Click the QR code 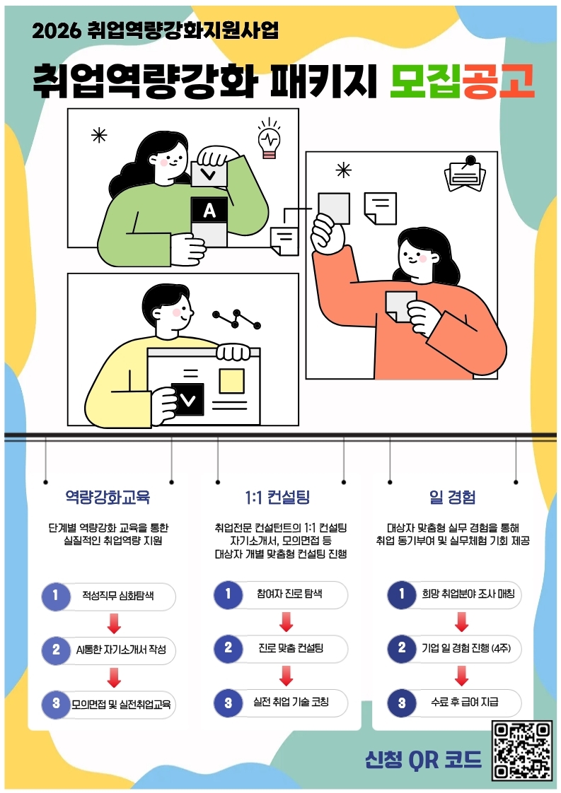tap(521, 750)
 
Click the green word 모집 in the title tap(424, 81)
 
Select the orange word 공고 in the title tap(498, 81)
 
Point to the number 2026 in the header tap(56, 31)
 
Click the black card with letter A tap(209, 210)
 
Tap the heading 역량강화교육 tap(108, 497)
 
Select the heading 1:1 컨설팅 tap(277, 497)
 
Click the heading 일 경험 tap(452, 497)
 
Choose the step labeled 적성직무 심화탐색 tap(108, 596)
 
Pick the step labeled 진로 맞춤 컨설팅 tap(280, 648)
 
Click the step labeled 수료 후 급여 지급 tap(454, 703)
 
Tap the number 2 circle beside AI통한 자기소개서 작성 tap(56, 650)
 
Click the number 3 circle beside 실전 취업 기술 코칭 tap(229, 703)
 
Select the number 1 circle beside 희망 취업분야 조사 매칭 tap(402, 595)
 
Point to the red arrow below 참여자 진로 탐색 tap(287, 621)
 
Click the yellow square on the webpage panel tap(231, 381)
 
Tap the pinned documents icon tap(465, 174)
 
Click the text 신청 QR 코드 tap(423, 758)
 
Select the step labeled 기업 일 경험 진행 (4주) tap(454, 648)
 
